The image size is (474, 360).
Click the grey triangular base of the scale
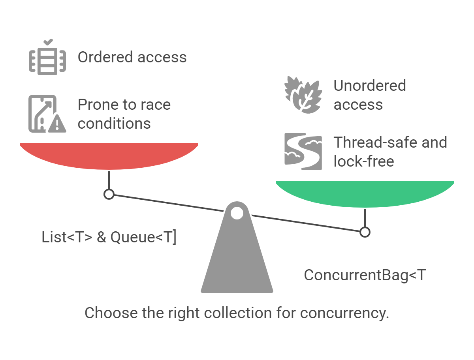click(x=237, y=261)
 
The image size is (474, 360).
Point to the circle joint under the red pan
click(x=109, y=194)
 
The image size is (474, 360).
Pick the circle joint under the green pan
click(x=365, y=232)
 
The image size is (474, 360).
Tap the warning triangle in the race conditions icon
click(x=58, y=125)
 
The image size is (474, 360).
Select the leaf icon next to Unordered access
click(x=303, y=95)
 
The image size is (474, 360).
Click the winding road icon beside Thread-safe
click(x=303, y=152)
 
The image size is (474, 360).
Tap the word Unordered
click(x=370, y=86)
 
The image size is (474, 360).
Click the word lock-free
click(x=364, y=161)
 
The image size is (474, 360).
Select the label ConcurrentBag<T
click(x=365, y=275)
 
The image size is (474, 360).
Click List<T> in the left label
click(x=67, y=237)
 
